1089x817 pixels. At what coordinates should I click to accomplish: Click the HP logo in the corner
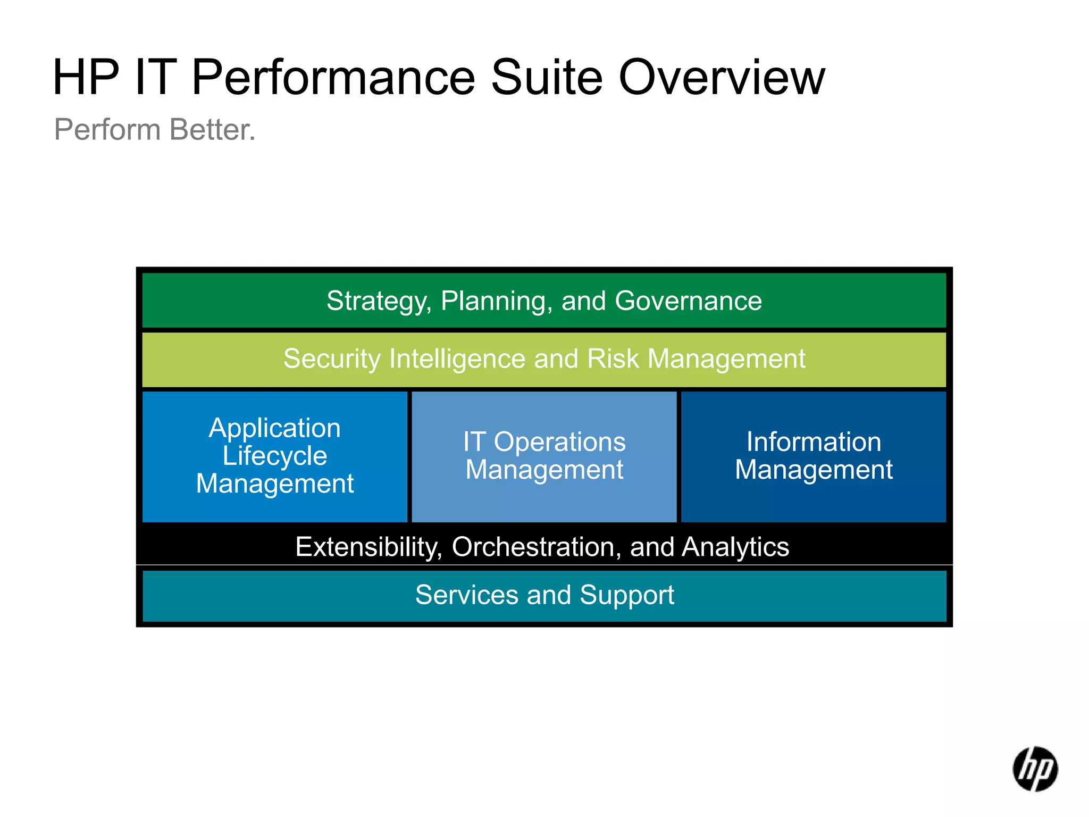click(x=1035, y=769)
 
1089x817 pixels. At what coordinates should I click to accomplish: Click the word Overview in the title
click(x=722, y=78)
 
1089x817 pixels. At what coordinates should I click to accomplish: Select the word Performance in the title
click(x=333, y=78)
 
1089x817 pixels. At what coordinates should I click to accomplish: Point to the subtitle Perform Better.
click(x=155, y=130)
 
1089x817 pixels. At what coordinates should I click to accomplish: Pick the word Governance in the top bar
click(x=688, y=301)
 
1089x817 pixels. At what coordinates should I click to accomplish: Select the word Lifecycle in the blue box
click(x=274, y=456)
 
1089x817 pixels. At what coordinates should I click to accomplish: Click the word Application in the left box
click(x=274, y=428)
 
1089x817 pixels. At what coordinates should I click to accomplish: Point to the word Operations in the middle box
click(x=559, y=442)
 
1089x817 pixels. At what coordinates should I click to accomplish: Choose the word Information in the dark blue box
click(x=814, y=442)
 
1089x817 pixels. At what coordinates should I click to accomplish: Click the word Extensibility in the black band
click(x=368, y=547)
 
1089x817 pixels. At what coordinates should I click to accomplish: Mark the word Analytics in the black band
click(x=735, y=547)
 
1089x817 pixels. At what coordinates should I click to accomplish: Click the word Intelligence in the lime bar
click(x=457, y=359)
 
